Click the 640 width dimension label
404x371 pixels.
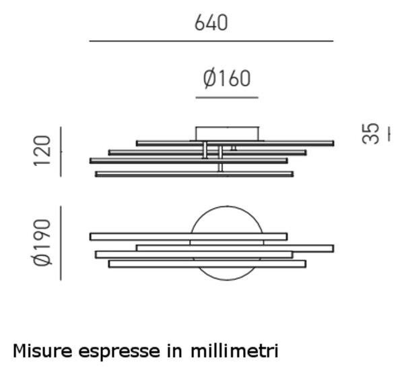(211, 23)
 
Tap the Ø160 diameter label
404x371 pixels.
(227, 78)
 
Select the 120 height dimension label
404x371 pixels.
(42, 151)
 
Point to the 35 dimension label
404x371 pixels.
(370, 134)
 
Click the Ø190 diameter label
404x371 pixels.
(42, 242)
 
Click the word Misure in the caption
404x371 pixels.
(42, 351)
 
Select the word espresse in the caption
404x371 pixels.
(119, 352)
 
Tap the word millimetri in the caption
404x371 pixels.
(234, 351)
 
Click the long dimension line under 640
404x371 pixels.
(211, 41)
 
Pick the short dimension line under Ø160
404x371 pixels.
(227, 98)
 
